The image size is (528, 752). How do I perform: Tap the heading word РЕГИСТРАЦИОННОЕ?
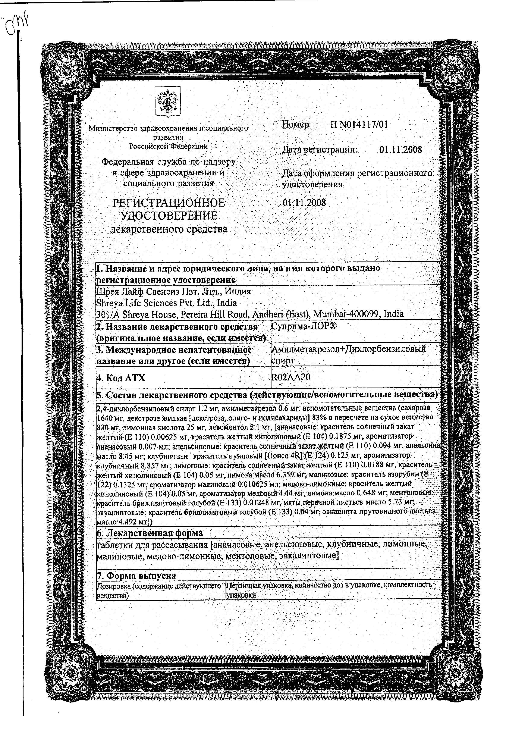pyautogui.click(x=169, y=203)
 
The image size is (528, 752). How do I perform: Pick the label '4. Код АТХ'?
pyautogui.click(x=120, y=378)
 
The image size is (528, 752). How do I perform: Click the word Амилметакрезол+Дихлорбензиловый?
pyautogui.click(x=349, y=349)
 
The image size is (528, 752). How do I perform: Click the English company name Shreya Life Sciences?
pyautogui.click(x=147, y=303)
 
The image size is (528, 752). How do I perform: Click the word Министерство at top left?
pyautogui.click(x=113, y=129)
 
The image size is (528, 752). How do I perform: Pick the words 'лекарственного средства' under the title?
pyautogui.click(x=169, y=229)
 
